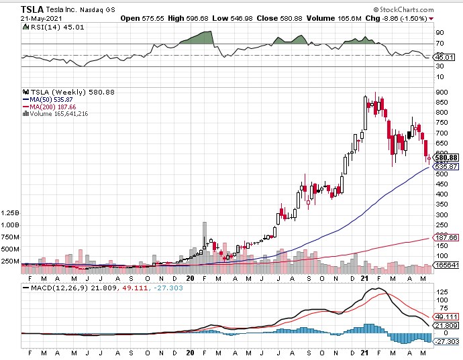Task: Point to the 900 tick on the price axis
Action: click(x=441, y=93)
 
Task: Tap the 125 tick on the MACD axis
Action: click(x=440, y=292)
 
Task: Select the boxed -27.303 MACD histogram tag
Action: click(x=447, y=342)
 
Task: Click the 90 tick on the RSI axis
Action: click(x=439, y=32)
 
